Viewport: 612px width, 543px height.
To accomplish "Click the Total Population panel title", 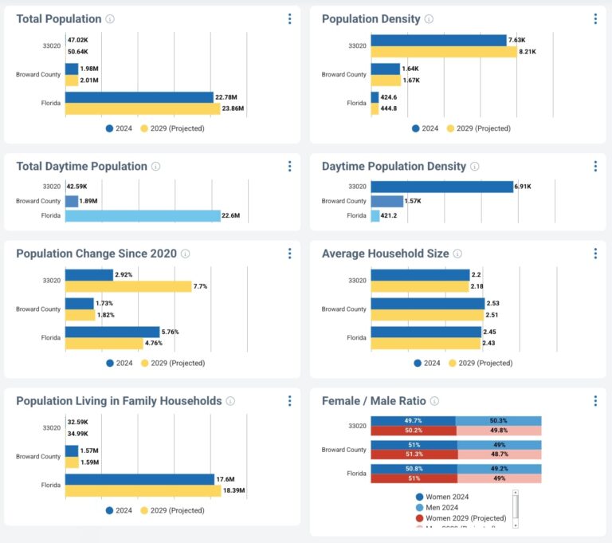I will click(59, 18).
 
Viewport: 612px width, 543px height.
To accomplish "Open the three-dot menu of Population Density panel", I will click(594, 18).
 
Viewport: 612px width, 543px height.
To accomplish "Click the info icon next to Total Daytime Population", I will click(155, 167).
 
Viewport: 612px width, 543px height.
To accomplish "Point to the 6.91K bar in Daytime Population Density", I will click(441, 187).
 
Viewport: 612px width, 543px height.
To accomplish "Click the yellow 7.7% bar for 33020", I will click(127, 286).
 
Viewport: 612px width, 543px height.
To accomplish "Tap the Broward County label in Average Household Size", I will click(343, 309).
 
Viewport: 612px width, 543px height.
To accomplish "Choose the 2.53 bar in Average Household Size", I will click(427, 303).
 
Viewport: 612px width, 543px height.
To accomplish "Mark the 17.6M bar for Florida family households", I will click(139, 479).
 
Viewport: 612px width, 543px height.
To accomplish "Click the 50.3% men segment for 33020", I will click(498, 420).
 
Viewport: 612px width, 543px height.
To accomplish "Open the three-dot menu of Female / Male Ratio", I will click(594, 399).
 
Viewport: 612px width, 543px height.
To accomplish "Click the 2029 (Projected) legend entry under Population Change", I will click(172, 363).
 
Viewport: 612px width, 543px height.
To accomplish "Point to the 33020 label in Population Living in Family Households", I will click(51, 427).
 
